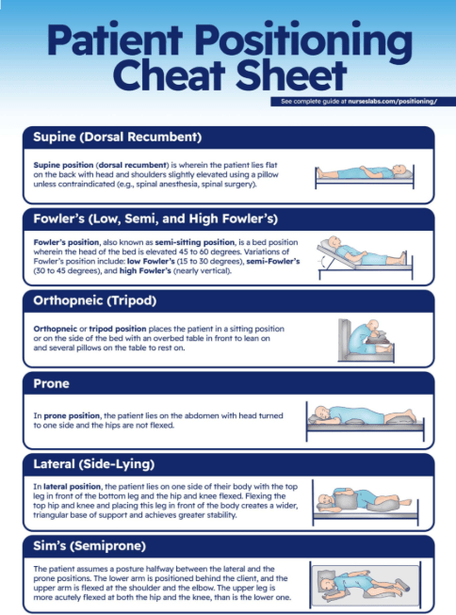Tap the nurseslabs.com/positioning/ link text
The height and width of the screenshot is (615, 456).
393,101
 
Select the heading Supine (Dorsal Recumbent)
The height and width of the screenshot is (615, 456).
118,137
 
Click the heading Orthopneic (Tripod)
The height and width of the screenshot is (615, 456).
95,300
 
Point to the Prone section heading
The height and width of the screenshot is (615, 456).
51,383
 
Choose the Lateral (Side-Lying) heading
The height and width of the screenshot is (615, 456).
94,464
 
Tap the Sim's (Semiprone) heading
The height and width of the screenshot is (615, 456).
90,546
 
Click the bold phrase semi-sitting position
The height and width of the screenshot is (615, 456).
195,242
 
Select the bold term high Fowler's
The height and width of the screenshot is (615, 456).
145,270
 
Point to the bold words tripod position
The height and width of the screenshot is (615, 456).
118,329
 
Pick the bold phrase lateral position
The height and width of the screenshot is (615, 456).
73,486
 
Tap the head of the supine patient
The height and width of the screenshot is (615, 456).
400,170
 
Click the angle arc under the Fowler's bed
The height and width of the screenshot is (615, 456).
323,262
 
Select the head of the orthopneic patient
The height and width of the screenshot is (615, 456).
373,325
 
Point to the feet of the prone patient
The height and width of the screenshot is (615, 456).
409,413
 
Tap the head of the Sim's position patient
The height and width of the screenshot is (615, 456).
327,585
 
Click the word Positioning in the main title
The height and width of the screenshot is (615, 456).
303,40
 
